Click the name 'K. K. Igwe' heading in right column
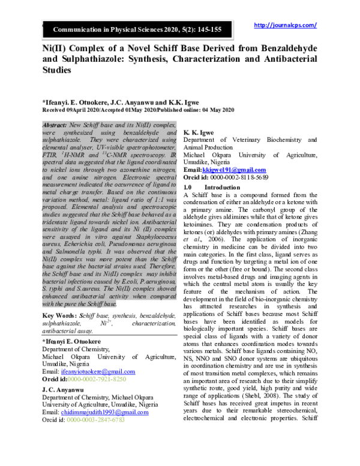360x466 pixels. [x=202, y=132]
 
